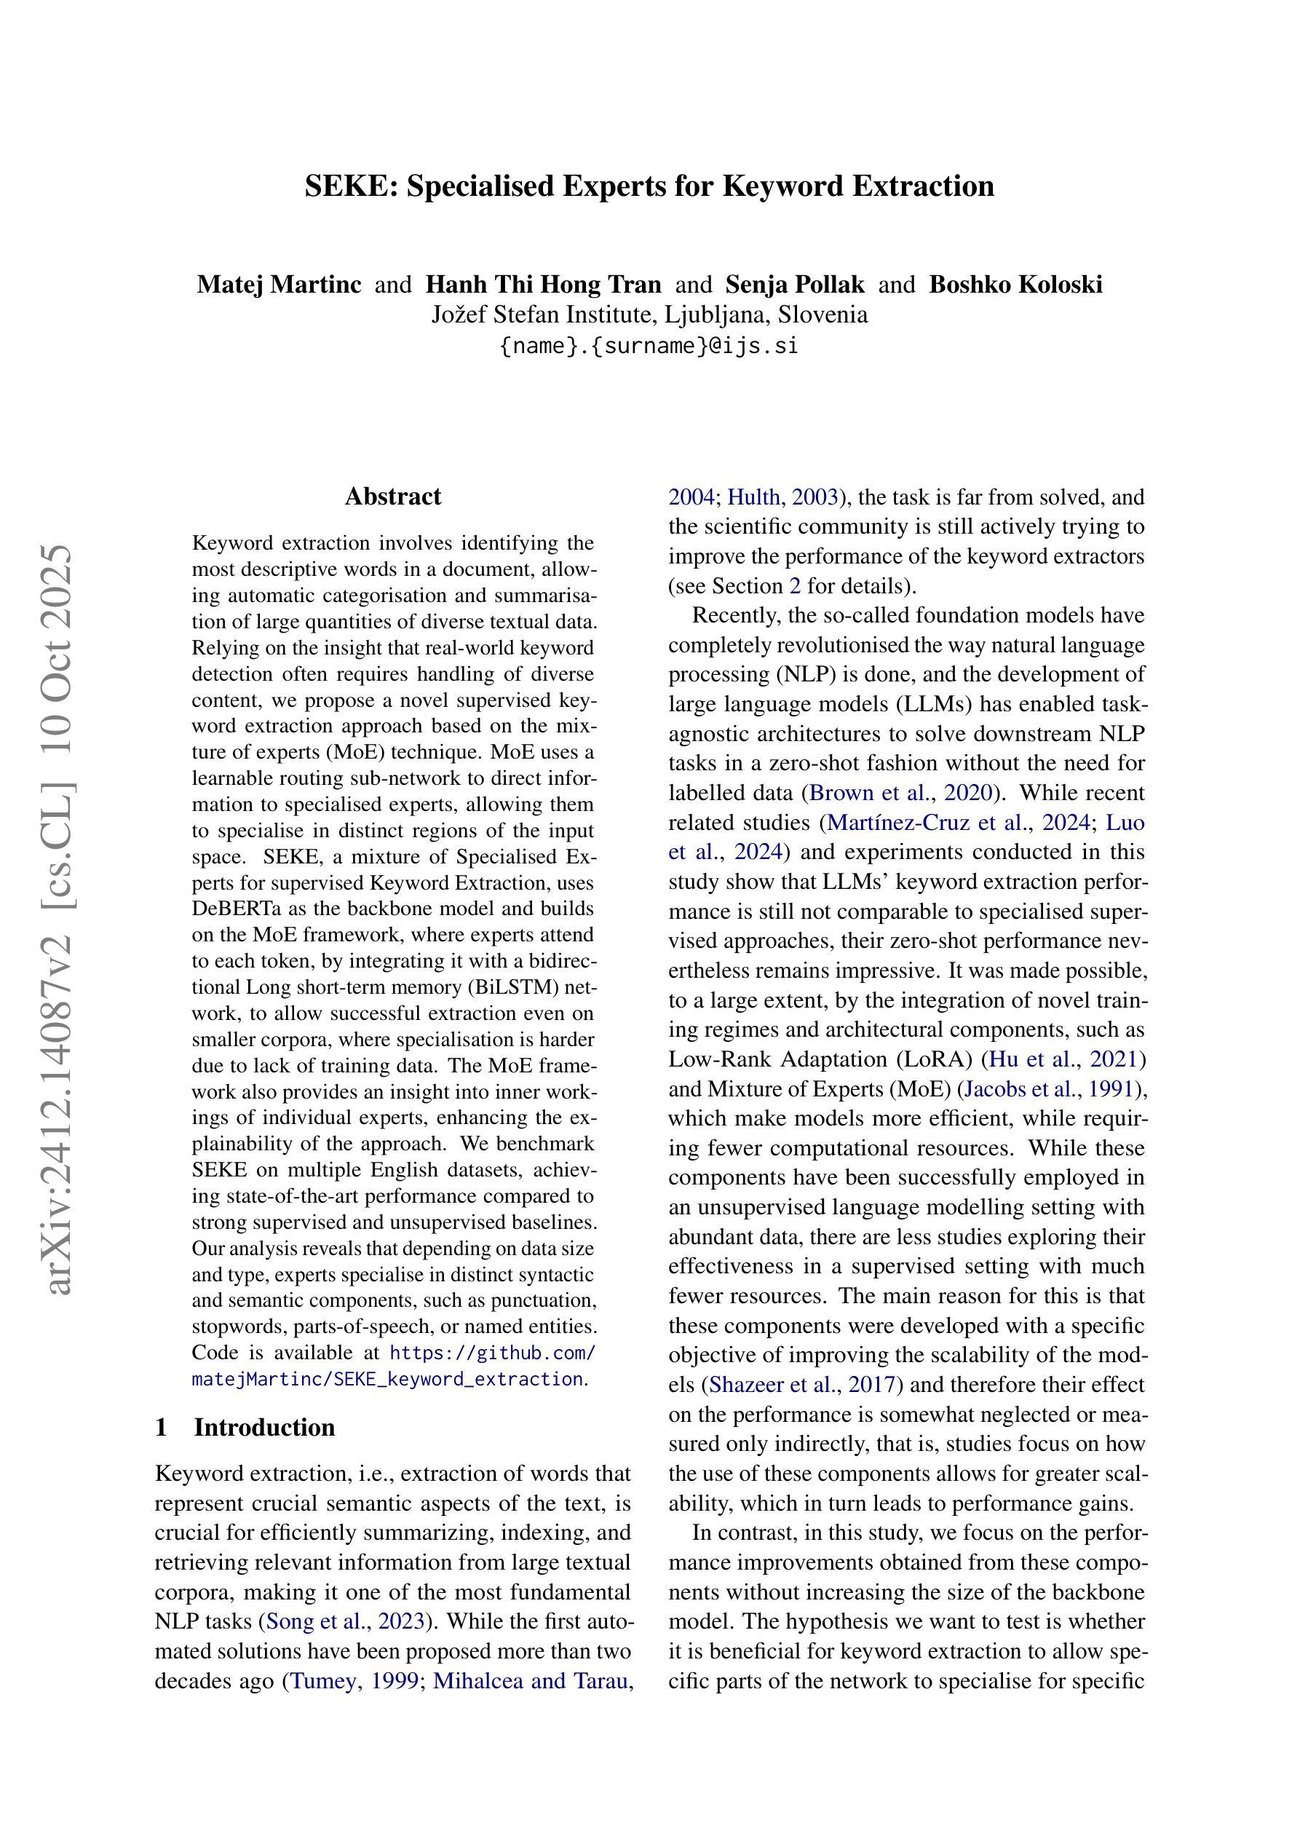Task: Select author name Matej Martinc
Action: pyautogui.click(x=279, y=285)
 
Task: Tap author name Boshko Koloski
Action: pyautogui.click(x=1015, y=285)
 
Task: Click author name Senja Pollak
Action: pyautogui.click(x=795, y=285)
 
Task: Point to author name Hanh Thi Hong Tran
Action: pyautogui.click(x=543, y=285)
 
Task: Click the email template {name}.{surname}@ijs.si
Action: pyautogui.click(x=649, y=346)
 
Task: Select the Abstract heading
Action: pyautogui.click(x=392, y=497)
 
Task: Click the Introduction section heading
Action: pyautogui.click(x=263, y=1428)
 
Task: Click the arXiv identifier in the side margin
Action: pyautogui.click(x=60, y=921)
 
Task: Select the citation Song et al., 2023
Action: pyautogui.click(x=345, y=1621)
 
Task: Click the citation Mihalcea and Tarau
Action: pyautogui.click(x=530, y=1680)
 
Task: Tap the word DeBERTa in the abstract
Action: pyautogui.click(x=231, y=909)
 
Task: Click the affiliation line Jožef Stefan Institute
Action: pyautogui.click(x=649, y=315)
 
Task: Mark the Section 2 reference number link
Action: pyautogui.click(x=795, y=585)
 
